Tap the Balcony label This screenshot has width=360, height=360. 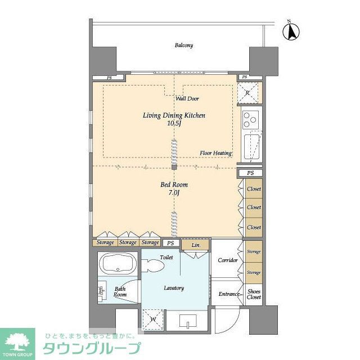(x=183, y=46)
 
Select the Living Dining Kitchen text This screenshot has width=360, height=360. (x=174, y=115)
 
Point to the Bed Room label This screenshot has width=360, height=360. (x=174, y=184)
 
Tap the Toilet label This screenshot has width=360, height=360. (x=166, y=257)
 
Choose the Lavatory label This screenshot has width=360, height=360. (x=174, y=288)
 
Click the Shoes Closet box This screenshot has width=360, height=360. (x=254, y=294)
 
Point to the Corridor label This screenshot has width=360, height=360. (x=227, y=260)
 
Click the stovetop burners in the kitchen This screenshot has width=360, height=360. (x=250, y=119)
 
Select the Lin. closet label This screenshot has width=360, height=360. (x=196, y=246)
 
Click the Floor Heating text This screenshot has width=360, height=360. (x=216, y=153)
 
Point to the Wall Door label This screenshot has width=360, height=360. (x=187, y=99)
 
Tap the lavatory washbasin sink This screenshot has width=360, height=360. (x=187, y=322)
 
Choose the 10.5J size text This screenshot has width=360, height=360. (x=174, y=124)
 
